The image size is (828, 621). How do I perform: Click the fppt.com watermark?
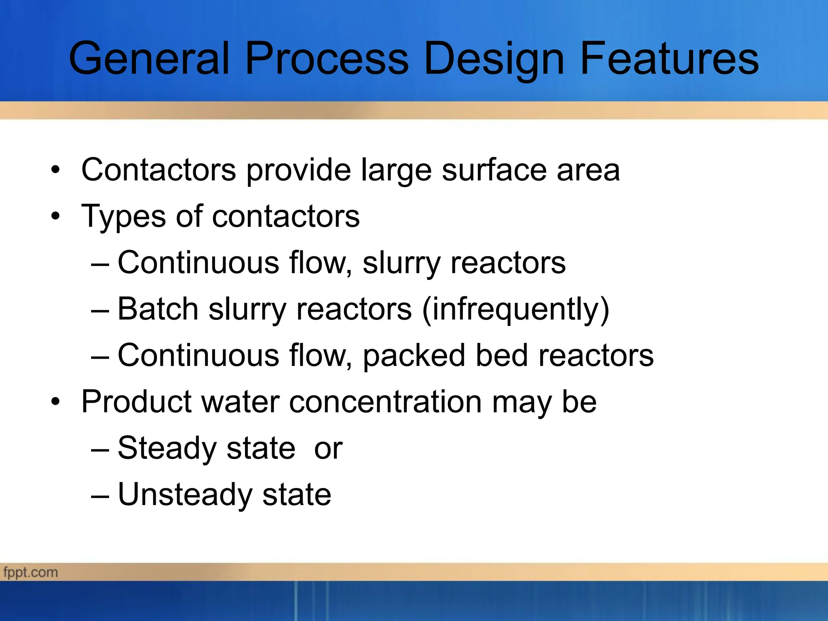pyautogui.click(x=31, y=572)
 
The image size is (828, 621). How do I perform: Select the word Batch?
pyautogui.click(x=158, y=309)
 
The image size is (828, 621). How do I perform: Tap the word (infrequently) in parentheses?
pyautogui.click(x=515, y=310)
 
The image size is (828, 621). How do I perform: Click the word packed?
pyautogui.click(x=414, y=356)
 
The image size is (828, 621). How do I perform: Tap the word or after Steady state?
pyautogui.click(x=328, y=449)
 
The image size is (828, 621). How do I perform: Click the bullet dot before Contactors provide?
pyautogui.click(x=55, y=170)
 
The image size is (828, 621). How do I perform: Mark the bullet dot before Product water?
pyautogui.click(x=55, y=402)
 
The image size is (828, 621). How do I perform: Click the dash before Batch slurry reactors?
pyautogui.click(x=100, y=310)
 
